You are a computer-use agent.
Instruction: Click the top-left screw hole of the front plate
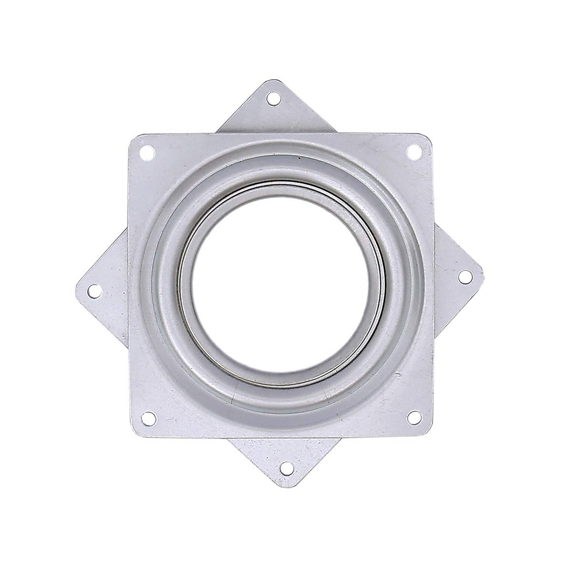pos(148,151)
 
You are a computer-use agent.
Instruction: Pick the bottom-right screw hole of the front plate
pos(413,414)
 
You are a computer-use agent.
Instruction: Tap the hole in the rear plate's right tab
pos(465,277)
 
